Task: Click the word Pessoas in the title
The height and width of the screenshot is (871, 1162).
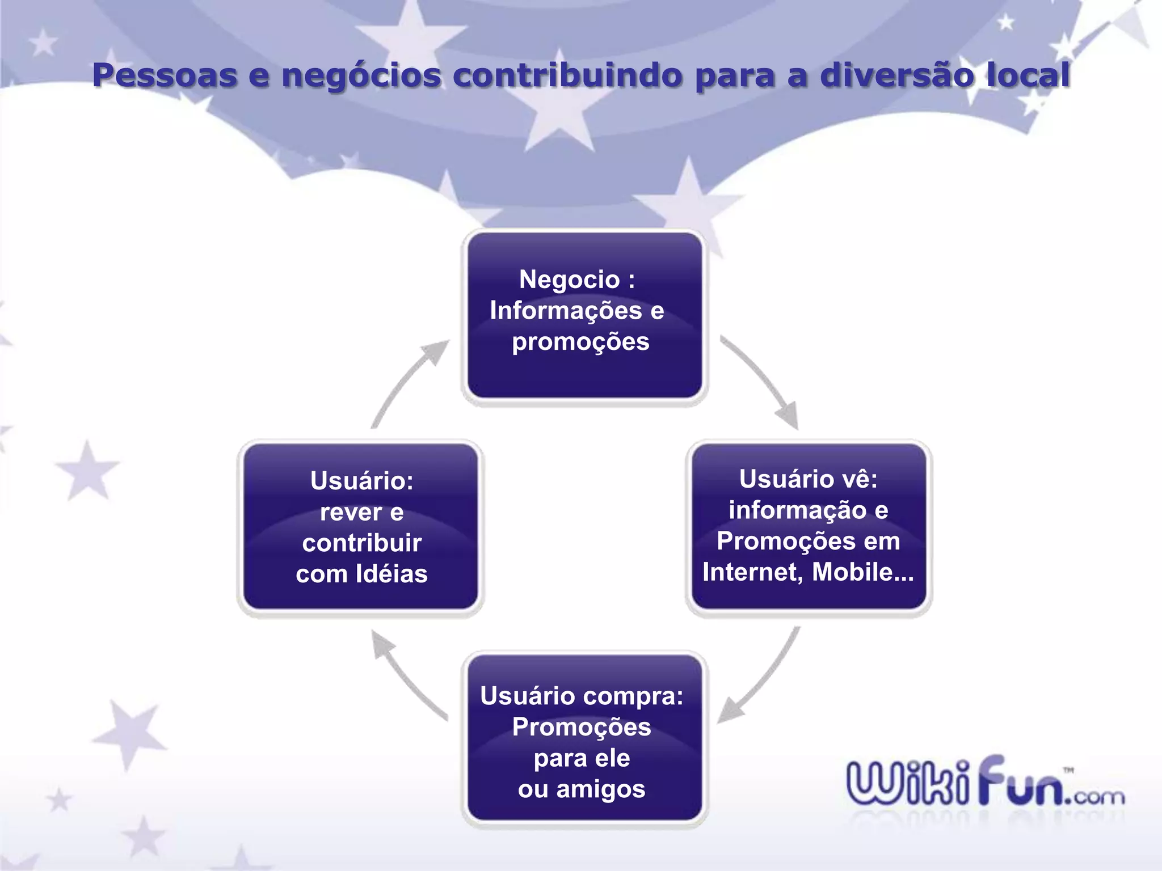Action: tap(165, 75)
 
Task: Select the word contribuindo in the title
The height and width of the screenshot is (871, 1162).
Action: tap(568, 75)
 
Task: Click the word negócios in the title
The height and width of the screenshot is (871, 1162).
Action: tap(361, 75)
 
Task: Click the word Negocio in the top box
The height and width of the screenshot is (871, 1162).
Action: tap(569, 280)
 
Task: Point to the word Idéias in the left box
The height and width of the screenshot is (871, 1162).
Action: tap(392, 574)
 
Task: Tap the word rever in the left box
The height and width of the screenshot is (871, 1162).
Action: tap(351, 512)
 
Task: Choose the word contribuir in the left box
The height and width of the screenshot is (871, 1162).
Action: tap(362, 543)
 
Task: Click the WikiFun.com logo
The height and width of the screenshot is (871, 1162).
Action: tap(984, 783)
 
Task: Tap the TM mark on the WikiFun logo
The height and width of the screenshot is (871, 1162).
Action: tap(1068, 770)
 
